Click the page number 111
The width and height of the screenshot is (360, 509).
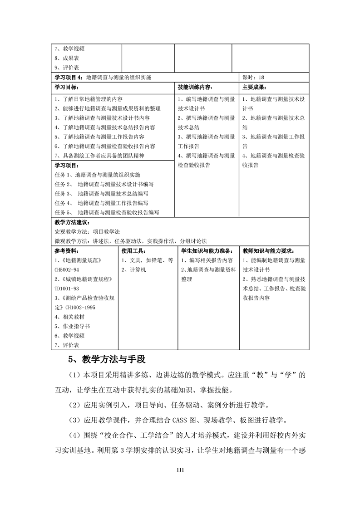click(180, 470)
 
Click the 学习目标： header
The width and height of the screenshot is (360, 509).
click(66, 87)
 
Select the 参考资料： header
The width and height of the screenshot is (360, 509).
click(66, 250)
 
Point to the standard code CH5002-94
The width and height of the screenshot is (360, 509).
click(67, 269)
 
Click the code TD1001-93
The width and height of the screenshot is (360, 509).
click(67, 289)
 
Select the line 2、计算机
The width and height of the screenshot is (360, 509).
click(133, 269)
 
